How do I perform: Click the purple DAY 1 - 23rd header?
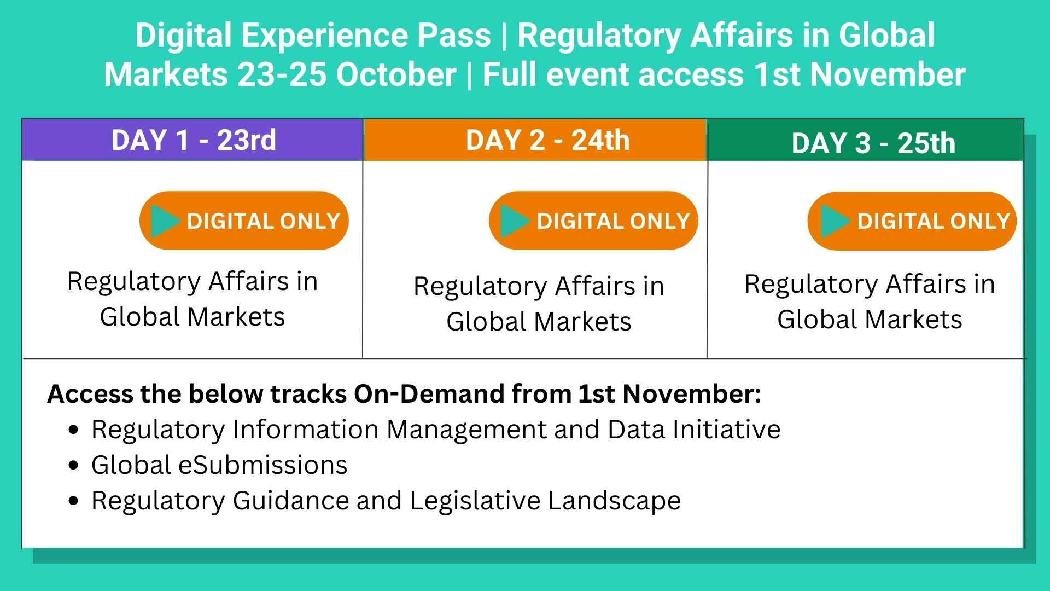pyautogui.click(x=192, y=140)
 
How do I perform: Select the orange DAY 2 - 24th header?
pyautogui.click(x=535, y=140)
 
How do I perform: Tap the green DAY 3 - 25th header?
pyautogui.click(x=866, y=141)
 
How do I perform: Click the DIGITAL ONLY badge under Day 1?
pyautogui.click(x=244, y=221)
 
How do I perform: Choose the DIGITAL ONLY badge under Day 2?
pyautogui.click(x=593, y=221)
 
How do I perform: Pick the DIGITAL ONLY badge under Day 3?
pyautogui.click(x=912, y=221)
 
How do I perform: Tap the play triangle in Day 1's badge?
pyautogui.click(x=165, y=221)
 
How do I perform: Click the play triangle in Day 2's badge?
pyautogui.click(x=515, y=221)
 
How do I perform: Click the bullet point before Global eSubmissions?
pyautogui.click(x=74, y=466)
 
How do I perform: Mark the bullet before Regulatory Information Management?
pyautogui.click(x=74, y=430)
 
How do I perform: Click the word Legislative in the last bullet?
pyautogui.click(x=475, y=501)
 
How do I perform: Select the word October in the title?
pyautogui.click(x=396, y=74)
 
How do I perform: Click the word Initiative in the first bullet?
pyautogui.click(x=727, y=429)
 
